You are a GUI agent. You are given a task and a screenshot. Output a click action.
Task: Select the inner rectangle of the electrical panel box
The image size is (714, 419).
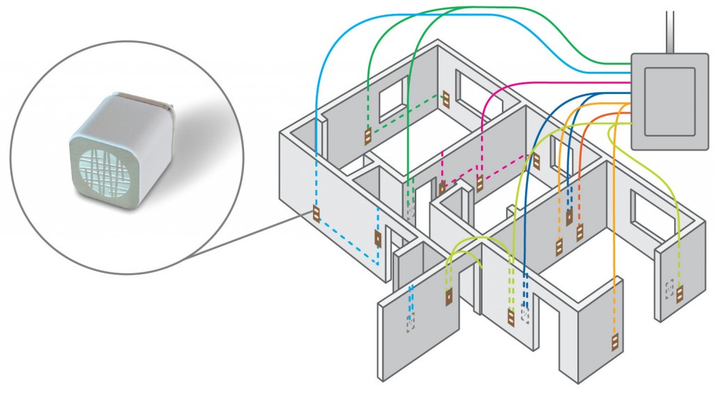669,100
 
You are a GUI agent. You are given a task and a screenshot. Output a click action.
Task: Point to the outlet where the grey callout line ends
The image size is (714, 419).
316,215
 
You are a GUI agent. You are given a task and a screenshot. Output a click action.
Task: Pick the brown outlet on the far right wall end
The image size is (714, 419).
680,294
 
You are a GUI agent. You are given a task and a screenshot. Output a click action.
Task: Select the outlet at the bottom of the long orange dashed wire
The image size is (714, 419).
615,342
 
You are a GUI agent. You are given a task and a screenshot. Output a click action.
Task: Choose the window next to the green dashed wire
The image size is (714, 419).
392,98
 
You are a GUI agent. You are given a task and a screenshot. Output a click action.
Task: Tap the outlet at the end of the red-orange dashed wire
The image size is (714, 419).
579,232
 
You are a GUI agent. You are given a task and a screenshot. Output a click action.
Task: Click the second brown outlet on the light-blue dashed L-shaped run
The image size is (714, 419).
378,239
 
